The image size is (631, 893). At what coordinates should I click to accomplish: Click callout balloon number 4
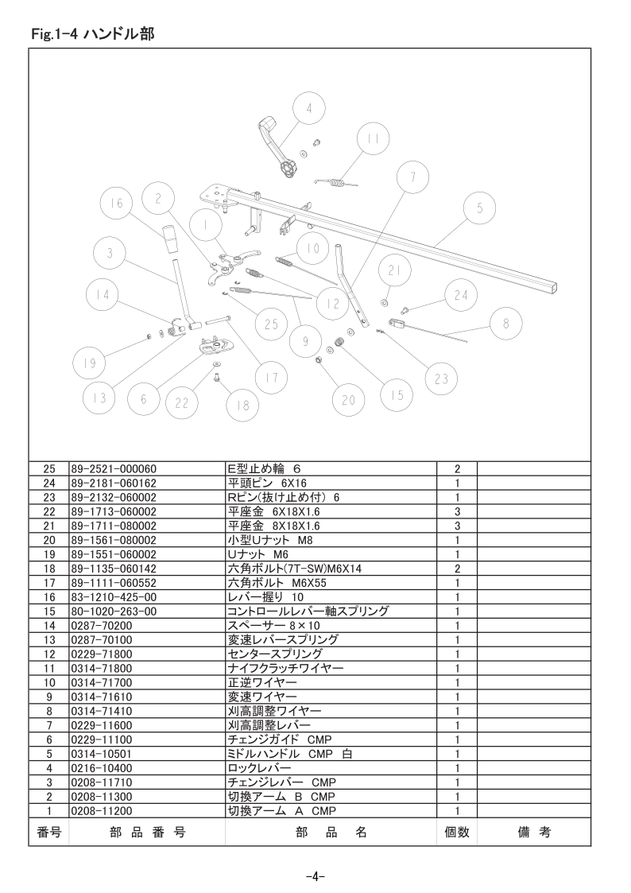309,108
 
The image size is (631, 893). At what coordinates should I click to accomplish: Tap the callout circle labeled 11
374,139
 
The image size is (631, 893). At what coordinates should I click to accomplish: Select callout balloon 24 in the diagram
461,295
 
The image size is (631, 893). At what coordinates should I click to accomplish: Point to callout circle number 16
116,204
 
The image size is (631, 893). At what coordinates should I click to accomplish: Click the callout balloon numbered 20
349,400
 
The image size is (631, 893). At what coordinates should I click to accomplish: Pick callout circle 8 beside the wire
505,324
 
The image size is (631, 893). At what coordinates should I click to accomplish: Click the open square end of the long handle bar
549,289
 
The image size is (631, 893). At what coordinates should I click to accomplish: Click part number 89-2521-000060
114,469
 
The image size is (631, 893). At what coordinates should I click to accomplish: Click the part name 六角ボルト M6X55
277,583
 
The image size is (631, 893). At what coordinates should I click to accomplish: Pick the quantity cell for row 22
457,512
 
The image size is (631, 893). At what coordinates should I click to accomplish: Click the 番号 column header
49,833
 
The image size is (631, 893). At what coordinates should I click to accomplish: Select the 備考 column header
534,833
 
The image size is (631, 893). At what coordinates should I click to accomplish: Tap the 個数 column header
457,833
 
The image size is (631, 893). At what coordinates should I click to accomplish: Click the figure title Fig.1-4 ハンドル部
93,34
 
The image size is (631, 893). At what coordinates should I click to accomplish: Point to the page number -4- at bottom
315,876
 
